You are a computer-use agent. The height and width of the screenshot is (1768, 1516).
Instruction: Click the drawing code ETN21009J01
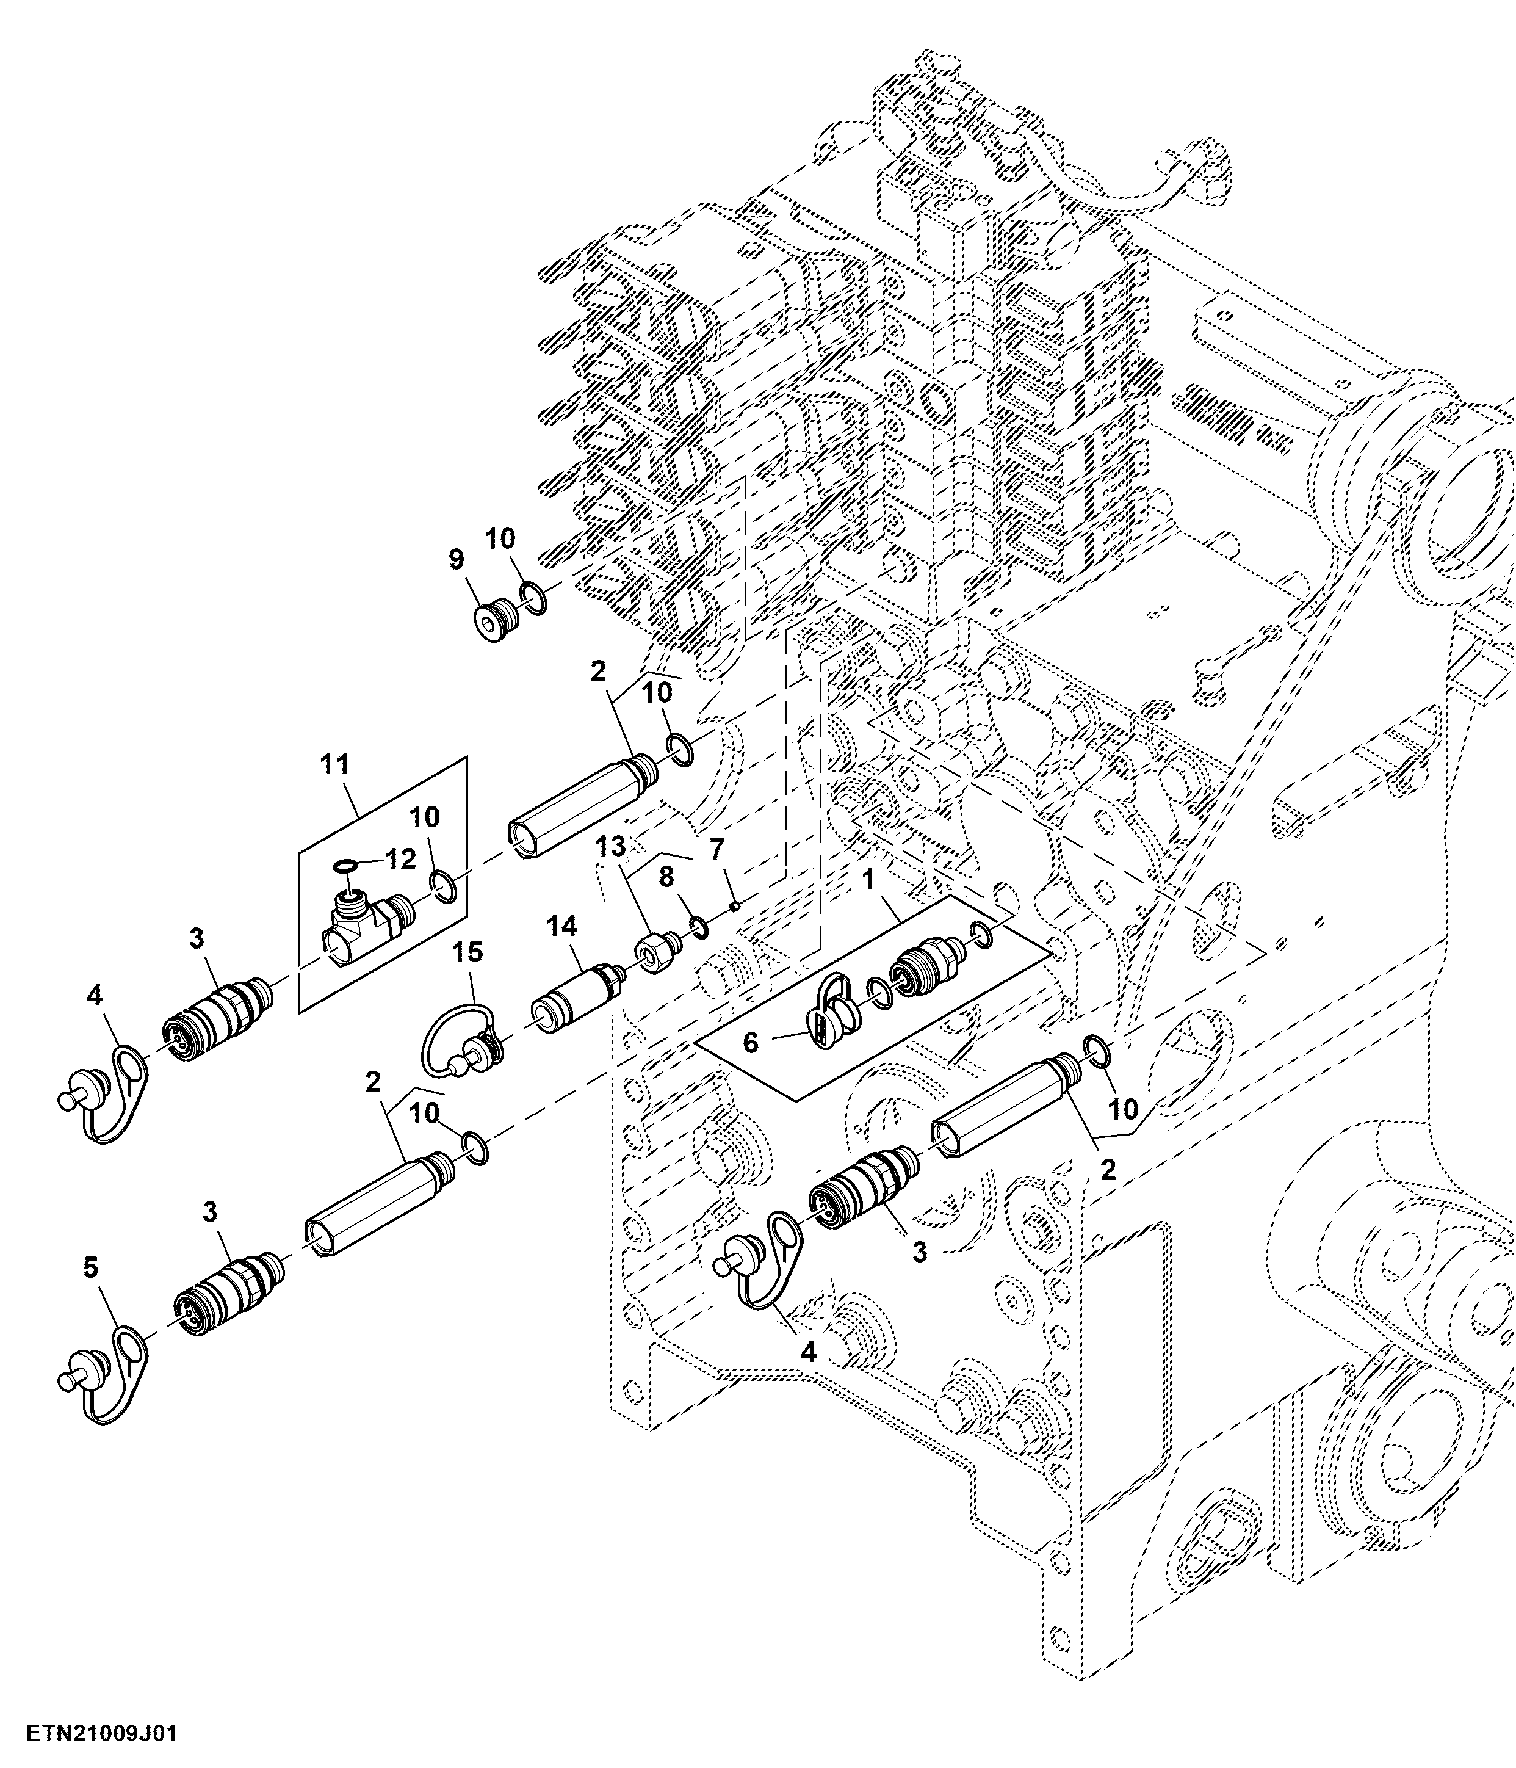coord(101,1734)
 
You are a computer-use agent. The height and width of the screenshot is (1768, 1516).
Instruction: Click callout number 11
coord(335,764)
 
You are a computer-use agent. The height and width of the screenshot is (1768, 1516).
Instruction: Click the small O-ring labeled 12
coord(345,868)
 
